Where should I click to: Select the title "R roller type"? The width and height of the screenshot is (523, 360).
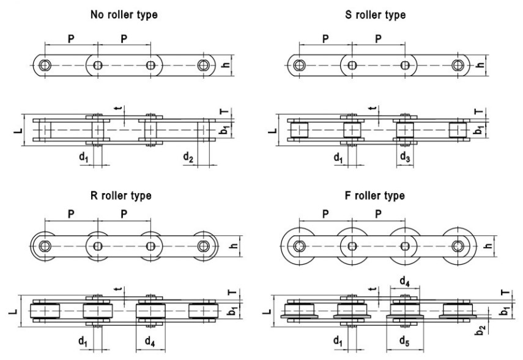pyautogui.click(x=121, y=196)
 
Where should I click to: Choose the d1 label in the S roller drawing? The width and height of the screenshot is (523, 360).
pyautogui.click(x=338, y=157)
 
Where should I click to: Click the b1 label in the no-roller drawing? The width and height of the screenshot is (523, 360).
pyautogui.click(x=224, y=130)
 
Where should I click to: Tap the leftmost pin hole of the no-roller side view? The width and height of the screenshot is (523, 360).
pyautogui.click(x=45, y=65)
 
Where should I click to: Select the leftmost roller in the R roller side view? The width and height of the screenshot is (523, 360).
pyautogui.click(x=45, y=246)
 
